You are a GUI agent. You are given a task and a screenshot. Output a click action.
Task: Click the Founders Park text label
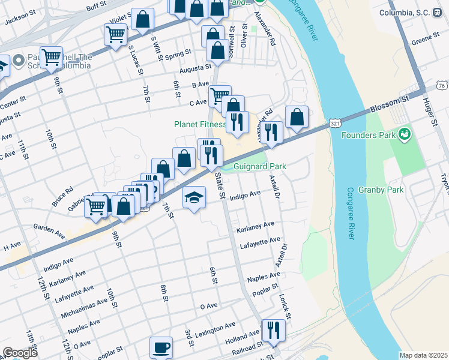tap(368, 135)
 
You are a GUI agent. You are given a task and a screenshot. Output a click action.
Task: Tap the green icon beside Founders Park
tap(405, 133)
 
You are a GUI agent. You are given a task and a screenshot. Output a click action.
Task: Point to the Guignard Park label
tap(259, 166)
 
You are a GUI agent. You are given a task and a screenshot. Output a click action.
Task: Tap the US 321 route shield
tap(335, 124)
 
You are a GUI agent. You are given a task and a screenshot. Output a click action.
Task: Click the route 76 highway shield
tap(441, 86)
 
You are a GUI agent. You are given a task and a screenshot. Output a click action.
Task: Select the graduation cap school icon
tap(194, 199)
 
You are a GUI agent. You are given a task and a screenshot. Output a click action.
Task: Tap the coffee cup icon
tap(160, 348)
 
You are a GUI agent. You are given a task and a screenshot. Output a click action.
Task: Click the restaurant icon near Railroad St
tap(273, 331)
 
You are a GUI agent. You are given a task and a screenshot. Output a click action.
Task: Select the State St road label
tap(220, 187)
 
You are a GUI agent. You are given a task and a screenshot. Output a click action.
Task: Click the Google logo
tap(20, 353)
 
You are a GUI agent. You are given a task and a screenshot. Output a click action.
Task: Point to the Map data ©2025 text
tap(423, 355)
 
